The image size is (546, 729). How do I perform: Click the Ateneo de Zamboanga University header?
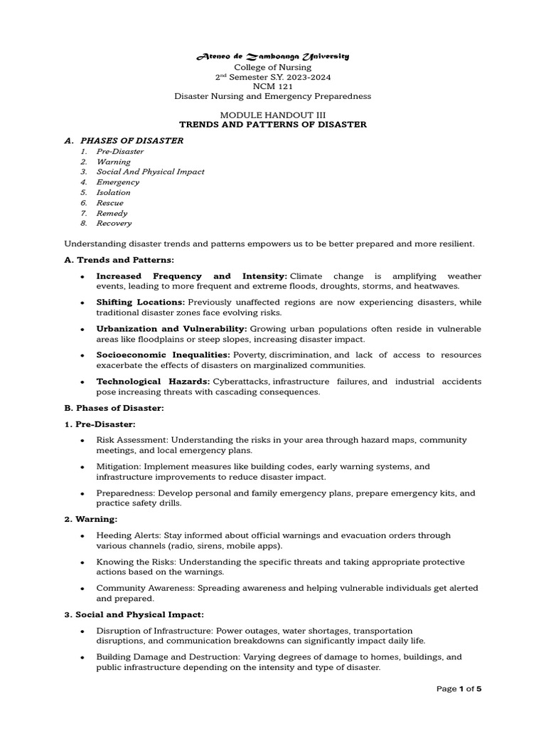point(273,56)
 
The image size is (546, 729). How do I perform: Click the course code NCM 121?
point(273,86)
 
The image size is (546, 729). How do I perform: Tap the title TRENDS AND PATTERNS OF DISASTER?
point(273,125)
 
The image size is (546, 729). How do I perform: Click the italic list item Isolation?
point(114,192)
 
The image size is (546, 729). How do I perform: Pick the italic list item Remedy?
point(112,213)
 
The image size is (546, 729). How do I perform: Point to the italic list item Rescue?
point(110,203)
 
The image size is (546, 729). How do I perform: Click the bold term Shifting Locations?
point(141,303)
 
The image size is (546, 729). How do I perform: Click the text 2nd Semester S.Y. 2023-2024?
point(273,76)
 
